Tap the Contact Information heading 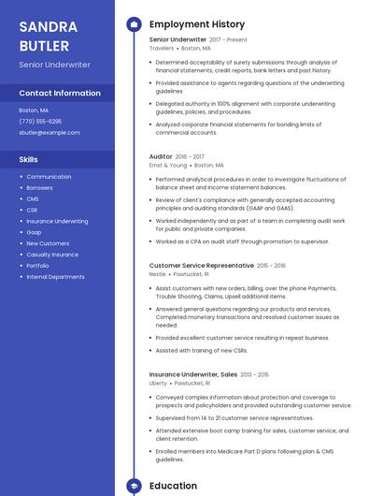click(60, 94)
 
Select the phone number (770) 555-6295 click(40, 122)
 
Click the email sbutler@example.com click(50, 133)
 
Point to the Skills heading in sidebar click(28, 159)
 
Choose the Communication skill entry click(49, 177)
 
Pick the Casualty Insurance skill click(52, 255)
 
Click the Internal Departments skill click(55, 277)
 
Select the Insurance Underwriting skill click(57, 221)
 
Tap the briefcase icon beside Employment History click(134, 24)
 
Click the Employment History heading click(197, 24)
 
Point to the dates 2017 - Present click(229, 40)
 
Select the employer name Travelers click(161, 49)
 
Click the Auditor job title click(161, 156)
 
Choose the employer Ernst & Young click(168, 165)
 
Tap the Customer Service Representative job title click(201, 266)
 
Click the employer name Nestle click(157, 274)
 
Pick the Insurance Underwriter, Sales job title click(192, 374)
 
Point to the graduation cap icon click(134, 487)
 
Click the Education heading click(173, 487)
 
